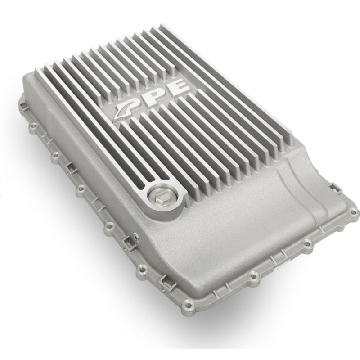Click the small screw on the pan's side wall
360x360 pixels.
(136, 234)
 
